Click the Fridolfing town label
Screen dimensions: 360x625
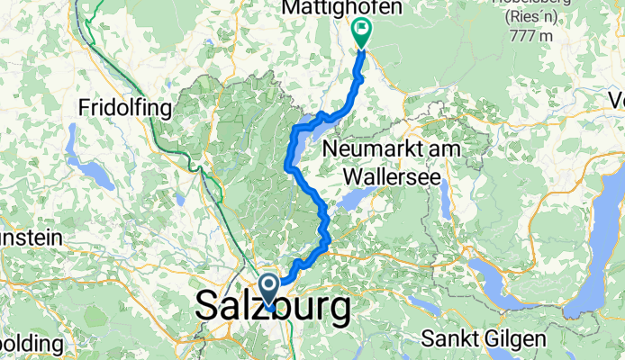[125, 108]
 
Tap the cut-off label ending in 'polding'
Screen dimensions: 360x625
[29, 345]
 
